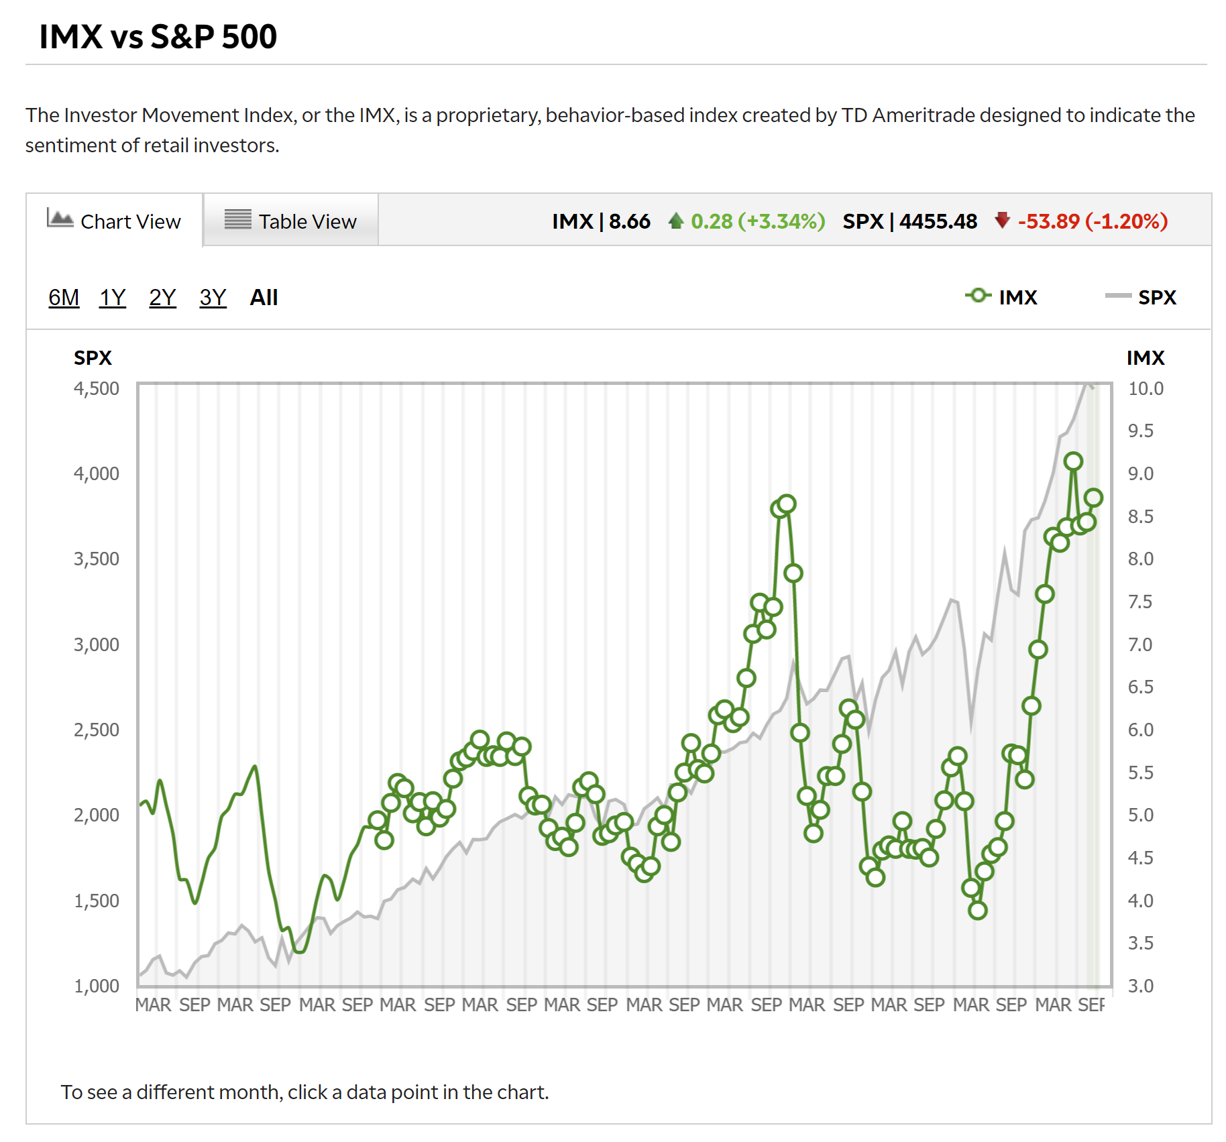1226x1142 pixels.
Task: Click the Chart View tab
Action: tap(115, 221)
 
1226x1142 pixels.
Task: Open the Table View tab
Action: tap(290, 221)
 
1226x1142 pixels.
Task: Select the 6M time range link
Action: tap(64, 297)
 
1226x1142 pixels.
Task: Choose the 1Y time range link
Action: tap(113, 297)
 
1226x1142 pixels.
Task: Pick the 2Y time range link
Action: tap(162, 297)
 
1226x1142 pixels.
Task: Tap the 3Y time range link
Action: tap(213, 297)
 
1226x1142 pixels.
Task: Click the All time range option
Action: tap(264, 297)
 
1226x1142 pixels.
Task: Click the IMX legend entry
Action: tap(1002, 297)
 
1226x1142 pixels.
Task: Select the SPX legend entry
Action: tap(1141, 297)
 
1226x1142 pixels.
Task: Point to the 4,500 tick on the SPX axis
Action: tap(97, 388)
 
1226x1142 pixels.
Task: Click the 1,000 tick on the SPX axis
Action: tap(97, 986)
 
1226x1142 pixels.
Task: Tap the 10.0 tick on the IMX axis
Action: tap(1146, 388)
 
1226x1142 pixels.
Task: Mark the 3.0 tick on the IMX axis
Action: tap(1141, 986)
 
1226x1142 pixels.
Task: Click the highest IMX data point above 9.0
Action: tap(1073, 461)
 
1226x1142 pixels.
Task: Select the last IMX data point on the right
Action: tap(1094, 498)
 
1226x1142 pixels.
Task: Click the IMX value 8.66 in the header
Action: tap(629, 221)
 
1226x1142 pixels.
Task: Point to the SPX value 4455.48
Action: tap(938, 221)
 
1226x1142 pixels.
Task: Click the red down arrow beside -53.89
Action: tap(1002, 220)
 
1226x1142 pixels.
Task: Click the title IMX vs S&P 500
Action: tap(158, 36)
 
